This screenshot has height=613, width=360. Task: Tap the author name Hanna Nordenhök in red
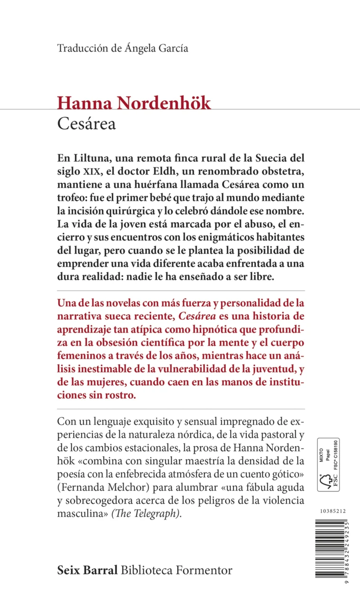[134, 103]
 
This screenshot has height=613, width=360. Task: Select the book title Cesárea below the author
[86, 124]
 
